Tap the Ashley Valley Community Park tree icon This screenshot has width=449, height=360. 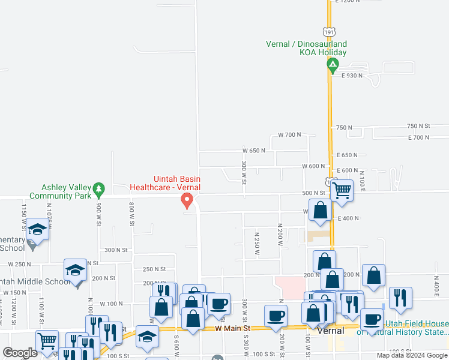[101, 188]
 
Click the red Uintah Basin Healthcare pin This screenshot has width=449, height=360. [187, 200]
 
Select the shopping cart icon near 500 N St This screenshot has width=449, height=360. [342, 190]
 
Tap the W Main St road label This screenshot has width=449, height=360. [232, 328]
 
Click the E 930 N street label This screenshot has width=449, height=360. [354, 75]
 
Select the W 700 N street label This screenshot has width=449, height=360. [289, 134]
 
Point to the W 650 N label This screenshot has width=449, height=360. [254, 151]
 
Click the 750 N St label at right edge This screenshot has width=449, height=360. [418, 126]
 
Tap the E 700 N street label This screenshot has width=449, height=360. [418, 137]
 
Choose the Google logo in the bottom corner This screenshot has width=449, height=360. [20, 352]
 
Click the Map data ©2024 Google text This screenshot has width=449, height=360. [412, 355]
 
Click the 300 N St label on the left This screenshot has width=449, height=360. [117, 250]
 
